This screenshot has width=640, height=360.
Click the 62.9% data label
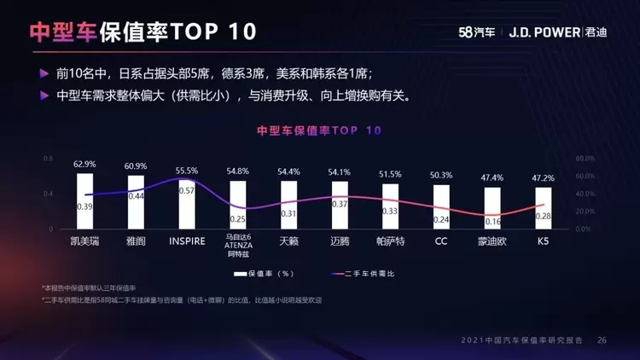(x=84, y=164)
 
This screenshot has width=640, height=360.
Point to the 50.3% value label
(x=441, y=175)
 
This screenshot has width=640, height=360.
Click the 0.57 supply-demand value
(x=186, y=191)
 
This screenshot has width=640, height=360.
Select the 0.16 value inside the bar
(x=492, y=222)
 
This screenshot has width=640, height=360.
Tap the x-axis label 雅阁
(x=136, y=241)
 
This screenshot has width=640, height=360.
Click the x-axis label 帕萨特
(x=390, y=241)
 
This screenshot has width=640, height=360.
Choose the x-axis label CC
(x=441, y=241)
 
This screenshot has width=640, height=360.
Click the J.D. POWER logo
(x=544, y=32)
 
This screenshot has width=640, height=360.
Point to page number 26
(x=602, y=340)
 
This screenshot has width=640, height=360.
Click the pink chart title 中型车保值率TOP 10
(x=319, y=131)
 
